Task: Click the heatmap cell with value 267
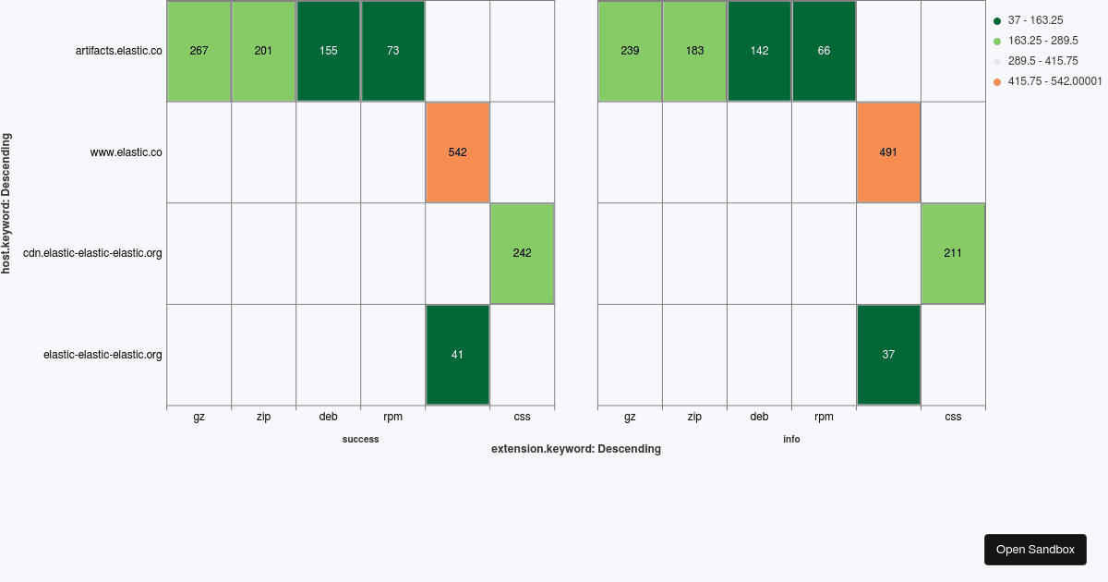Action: tap(199, 51)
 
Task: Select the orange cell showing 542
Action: tap(457, 152)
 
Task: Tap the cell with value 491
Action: tap(888, 152)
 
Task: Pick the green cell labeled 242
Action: tap(522, 253)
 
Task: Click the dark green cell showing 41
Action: tap(457, 355)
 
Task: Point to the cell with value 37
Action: tap(888, 355)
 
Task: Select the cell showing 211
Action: tap(953, 253)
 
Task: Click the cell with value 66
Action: tap(824, 51)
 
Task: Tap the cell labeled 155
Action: tap(328, 51)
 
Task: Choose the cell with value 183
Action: tap(694, 51)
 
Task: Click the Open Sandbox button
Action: tap(1035, 550)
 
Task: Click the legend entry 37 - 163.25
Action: tap(1035, 20)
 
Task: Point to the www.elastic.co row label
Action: tap(126, 152)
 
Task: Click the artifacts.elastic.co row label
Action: tap(118, 51)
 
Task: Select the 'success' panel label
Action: tap(360, 440)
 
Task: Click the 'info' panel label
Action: tap(791, 440)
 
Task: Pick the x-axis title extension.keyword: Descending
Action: tap(575, 450)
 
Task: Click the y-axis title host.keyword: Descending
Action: tap(6, 203)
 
